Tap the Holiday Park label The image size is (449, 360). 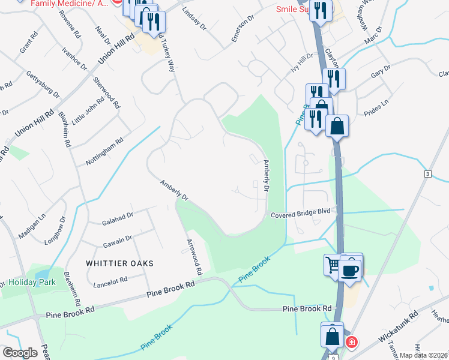30,282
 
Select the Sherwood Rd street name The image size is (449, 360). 104,92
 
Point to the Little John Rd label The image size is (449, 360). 83,112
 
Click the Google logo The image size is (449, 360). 20,352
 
